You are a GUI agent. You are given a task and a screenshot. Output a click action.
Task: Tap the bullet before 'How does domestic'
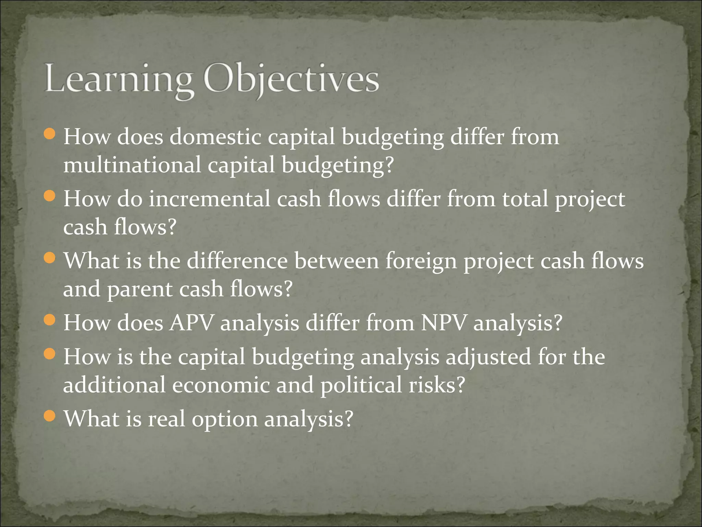coord(50,134)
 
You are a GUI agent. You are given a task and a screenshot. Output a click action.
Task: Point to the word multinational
coord(132,165)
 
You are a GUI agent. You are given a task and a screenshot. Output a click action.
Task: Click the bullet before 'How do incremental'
coord(50,196)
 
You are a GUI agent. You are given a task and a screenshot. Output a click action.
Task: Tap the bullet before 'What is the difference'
coord(50,258)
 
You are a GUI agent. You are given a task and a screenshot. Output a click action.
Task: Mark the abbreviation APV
coord(191,323)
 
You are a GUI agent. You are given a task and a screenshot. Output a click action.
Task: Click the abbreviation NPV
coord(444,323)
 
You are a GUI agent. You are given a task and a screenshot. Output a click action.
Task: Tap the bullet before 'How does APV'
coord(50,320)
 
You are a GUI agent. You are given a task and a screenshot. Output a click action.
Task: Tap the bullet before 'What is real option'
coord(50,416)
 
